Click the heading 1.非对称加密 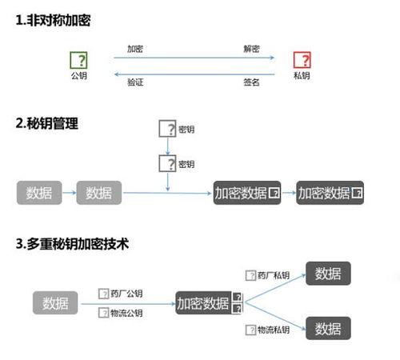pyautogui.click(x=53, y=20)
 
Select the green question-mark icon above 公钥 pyautogui.click(x=78, y=60)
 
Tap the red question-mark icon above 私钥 pyautogui.click(x=302, y=60)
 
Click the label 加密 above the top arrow pyautogui.click(x=135, y=49)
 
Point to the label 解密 pyautogui.click(x=251, y=49)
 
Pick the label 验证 pyautogui.click(x=135, y=82)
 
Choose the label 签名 pyautogui.click(x=251, y=82)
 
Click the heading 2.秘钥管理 pyautogui.click(x=47, y=123)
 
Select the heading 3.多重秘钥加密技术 pyautogui.click(x=72, y=244)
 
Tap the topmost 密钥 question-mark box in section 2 pyautogui.click(x=167, y=129)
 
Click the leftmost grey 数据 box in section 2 pyautogui.click(x=39, y=193)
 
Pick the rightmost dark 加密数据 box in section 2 pyautogui.click(x=330, y=193)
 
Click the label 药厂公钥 pyautogui.click(x=126, y=294)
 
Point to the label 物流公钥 pyautogui.click(x=126, y=313)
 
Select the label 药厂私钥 pyautogui.click(x=274, y=275)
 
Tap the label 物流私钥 pyautogui.click(x=274, y=330)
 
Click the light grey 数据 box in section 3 pyautogui.click(x=55, y=303)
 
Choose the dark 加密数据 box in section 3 pyautogui.click(x=209, y=303)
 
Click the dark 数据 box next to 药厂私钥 pyautogui.click(x=328, y=274)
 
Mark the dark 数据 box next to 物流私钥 pyautogui.click(x=328, y=328)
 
